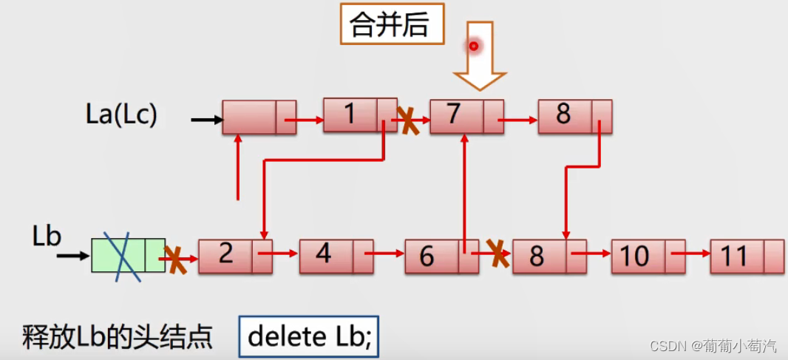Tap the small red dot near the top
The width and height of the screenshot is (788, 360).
474,46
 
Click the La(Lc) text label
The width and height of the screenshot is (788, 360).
121,115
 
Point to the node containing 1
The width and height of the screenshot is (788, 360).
360,115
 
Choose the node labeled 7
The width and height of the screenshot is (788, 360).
466,117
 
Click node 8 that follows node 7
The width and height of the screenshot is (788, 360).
574,116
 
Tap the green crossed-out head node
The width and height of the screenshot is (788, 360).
128,255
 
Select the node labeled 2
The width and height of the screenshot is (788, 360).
235,256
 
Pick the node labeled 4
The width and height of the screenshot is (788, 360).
336,256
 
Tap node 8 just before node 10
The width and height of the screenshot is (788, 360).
549,257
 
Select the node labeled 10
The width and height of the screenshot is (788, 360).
648,257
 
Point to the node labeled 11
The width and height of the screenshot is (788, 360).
747,257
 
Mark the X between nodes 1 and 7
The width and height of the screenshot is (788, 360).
407,119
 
